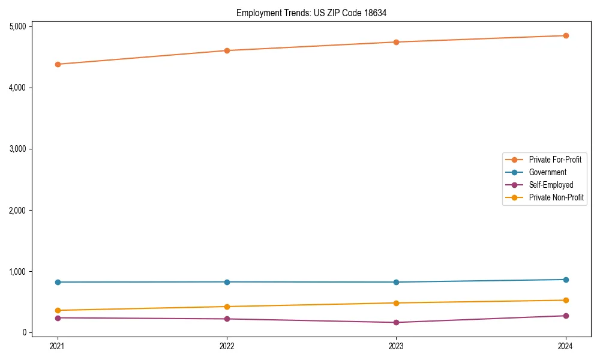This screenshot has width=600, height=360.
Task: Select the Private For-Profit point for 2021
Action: [x=58, y=64]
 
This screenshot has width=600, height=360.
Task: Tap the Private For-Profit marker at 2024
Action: [x=566, y=35]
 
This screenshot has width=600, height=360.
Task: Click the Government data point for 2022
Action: [x=227, y=282]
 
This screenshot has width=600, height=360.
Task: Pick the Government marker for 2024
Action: [x=566, y=280]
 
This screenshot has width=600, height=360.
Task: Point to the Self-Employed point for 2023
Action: [x=397, y=323]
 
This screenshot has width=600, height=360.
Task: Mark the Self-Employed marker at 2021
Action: [x=58, y=318]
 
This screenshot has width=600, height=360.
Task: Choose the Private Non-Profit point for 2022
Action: [x=227, y=307]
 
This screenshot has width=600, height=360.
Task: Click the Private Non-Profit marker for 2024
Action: [x=566, y=300]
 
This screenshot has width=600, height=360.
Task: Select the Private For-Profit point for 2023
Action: [x=397, y=42]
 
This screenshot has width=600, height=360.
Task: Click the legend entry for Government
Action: [x=547, y=172]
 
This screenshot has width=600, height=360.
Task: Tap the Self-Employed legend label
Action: [x=551, y=185]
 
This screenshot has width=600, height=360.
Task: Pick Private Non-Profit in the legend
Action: [x=556, y=197]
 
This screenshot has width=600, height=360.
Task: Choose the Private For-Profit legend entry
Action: [x=555, y=160]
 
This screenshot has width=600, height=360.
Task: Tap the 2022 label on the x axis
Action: [x=227, y=346]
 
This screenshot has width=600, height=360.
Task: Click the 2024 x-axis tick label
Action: [x=566, y=346]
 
